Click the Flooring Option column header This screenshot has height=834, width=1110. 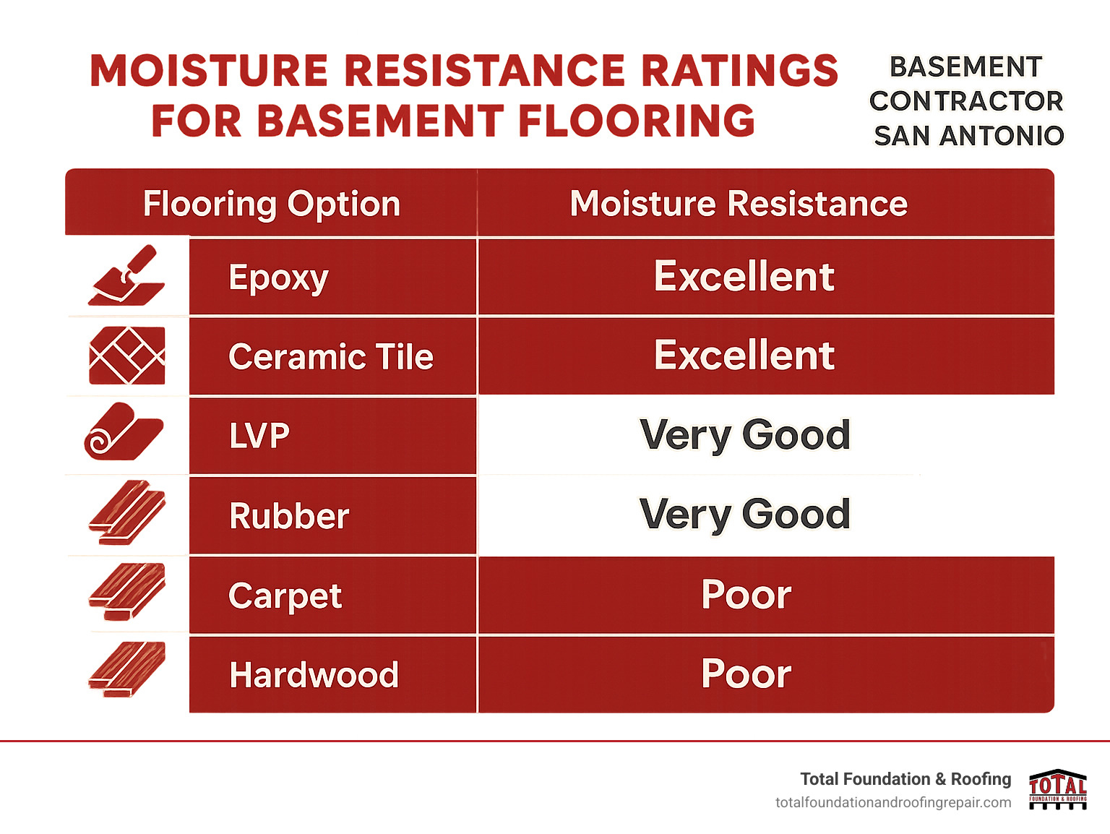pos(271,204)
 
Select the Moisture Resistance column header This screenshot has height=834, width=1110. pos(738,204)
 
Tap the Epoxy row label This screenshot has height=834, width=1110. pos(278,278)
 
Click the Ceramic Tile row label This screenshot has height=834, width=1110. pos(330,357)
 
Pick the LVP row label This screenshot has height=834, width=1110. pos(259,436)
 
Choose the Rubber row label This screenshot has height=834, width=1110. pos(289,516)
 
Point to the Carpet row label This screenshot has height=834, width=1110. pos(285,596)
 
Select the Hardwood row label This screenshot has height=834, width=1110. pos(314,675)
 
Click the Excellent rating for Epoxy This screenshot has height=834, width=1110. pos(744,277)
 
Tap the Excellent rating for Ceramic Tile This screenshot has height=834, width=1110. pos(744,356)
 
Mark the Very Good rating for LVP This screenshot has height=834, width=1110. pos(744,435)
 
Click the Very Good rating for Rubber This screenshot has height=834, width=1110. pos(744,515)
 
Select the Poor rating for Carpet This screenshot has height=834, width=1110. pos(746,595)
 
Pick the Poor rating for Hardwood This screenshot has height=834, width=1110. pos(746,674)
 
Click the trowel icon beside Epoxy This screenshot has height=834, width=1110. pos(126,276)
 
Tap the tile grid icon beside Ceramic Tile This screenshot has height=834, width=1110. pos(126,356)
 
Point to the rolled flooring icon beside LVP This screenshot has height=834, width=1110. pos(124,432)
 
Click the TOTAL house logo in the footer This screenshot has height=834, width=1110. pos(1058,789)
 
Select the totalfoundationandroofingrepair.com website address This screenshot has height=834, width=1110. pos(893,803)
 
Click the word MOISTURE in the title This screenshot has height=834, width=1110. pos(209,71)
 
